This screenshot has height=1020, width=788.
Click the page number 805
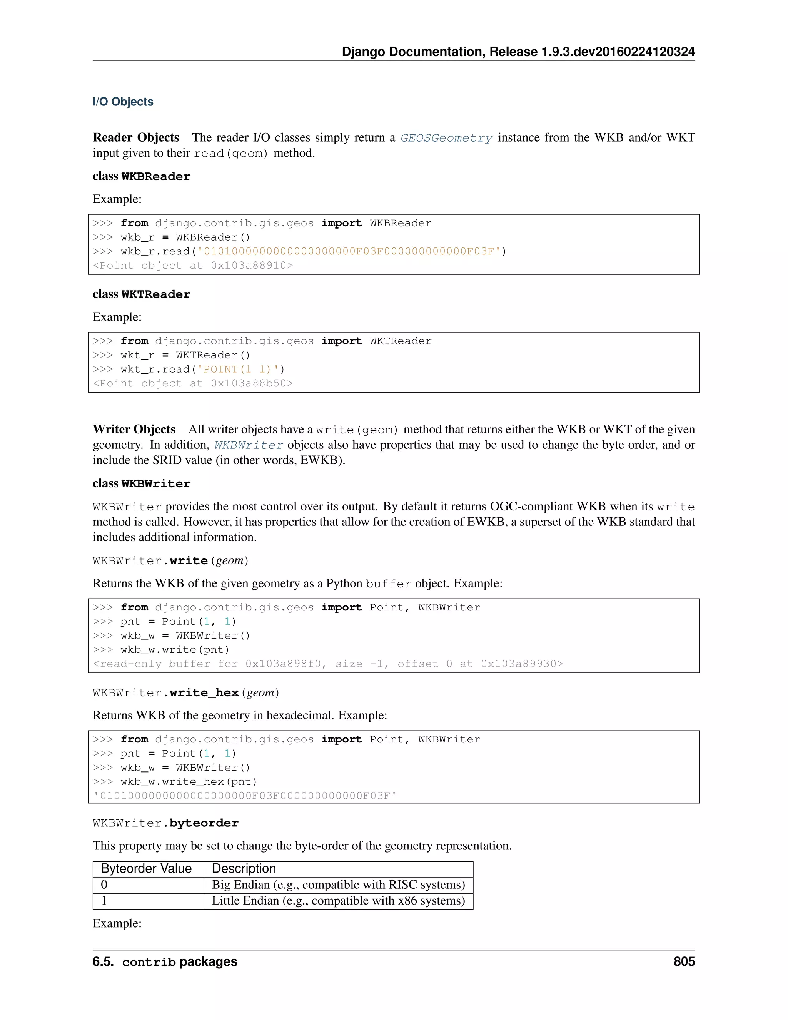[684, 961]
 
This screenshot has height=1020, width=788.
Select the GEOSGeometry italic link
[446, 138]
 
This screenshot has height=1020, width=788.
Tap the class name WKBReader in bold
[155, 177]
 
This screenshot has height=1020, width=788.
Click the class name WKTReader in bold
[155, 294]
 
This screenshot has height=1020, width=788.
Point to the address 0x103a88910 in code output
[251, 266]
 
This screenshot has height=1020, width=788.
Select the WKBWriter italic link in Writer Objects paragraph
[249, 445]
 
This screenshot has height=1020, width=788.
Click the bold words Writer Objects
[134, 429]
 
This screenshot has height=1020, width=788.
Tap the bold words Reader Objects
[136, 137]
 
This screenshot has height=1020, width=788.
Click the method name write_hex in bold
[204, 692]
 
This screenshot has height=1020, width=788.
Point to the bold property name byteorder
[204, 823]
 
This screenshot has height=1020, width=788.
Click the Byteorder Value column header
[146, 869]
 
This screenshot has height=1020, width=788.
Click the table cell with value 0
[104, 885]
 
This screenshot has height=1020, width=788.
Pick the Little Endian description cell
[338, 900]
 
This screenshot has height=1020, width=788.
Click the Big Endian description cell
[338, 885]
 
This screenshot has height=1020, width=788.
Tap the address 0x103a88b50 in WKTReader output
[251, 383]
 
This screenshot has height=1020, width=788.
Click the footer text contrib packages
[180, 961]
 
